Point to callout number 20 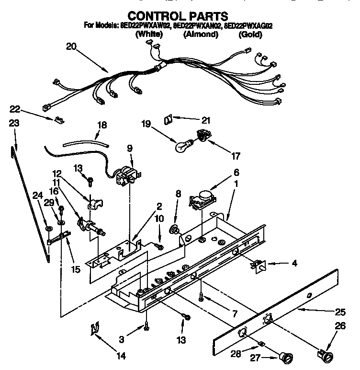(71, 46)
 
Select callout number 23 (14, 123)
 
